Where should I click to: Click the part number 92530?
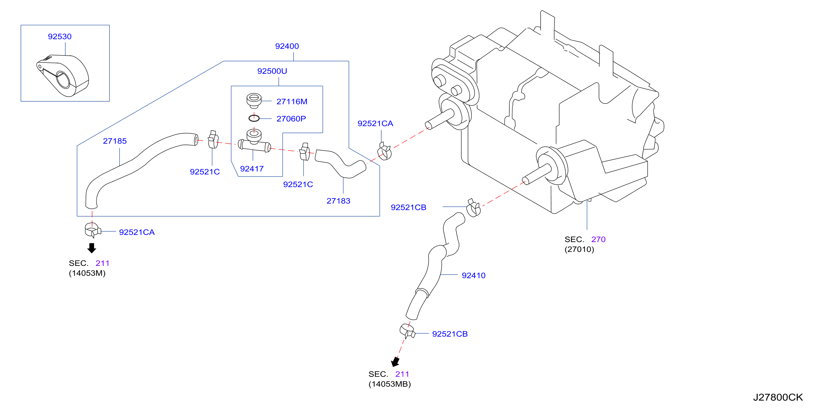click(60, 36)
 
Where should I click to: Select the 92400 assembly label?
click(287, 46)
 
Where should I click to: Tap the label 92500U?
click(272, 71)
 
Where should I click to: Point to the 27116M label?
click(292, 102)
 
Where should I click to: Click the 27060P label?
click(291, 119)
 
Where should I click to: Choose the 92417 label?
click(252, 169)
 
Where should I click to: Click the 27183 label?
click(338, 201)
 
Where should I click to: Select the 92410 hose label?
click(474, 275)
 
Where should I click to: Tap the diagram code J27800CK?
click(778, 397)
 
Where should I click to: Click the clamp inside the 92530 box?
click(63, 76)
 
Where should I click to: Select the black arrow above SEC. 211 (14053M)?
click(92, 248)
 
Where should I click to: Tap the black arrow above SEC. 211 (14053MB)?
click(395, 362)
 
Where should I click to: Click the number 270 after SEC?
click(598, 239)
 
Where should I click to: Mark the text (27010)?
click(579, 250)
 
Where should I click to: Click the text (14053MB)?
click(390, 384)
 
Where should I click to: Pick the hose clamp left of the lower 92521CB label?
click(408, 331)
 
